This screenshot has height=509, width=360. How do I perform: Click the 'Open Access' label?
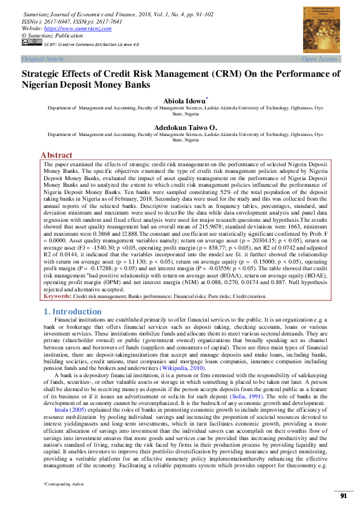[319, 59]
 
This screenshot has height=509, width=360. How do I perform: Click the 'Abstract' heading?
[56, 155]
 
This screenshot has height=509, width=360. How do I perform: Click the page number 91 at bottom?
[343, 496]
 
